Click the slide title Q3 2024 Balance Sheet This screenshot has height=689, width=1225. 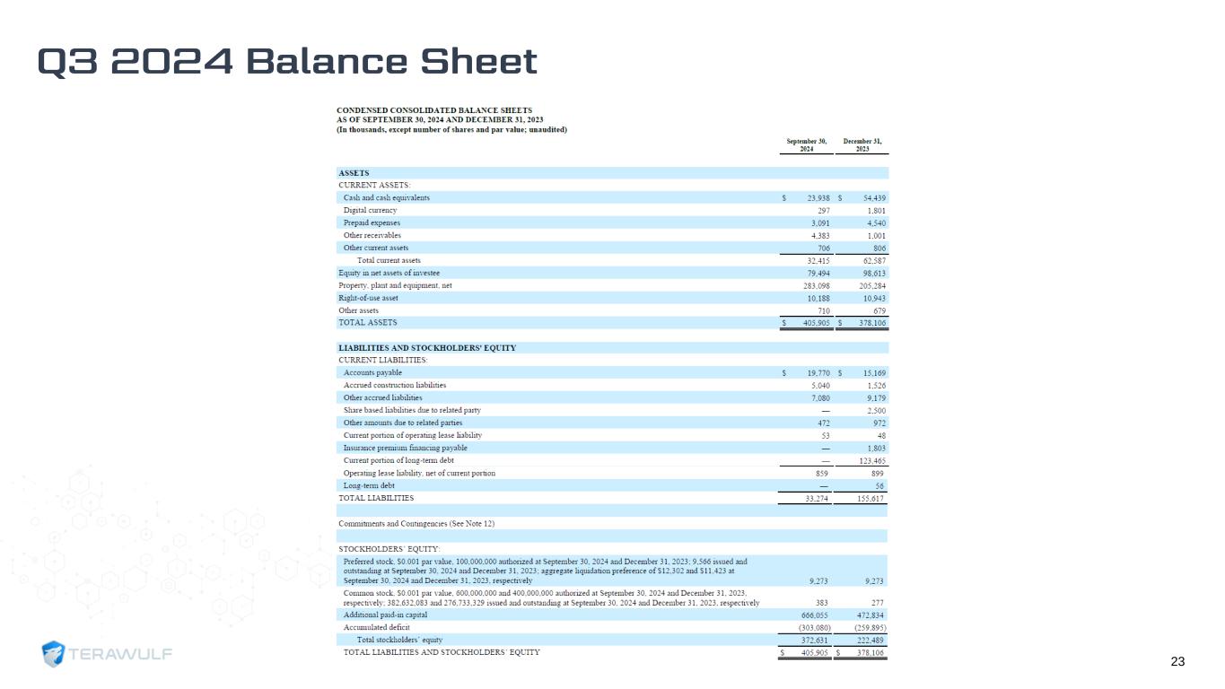[x=287, y=62]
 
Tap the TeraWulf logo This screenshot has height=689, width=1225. [x=108, y=654]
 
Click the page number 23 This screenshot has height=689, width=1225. [x=1177, y=662]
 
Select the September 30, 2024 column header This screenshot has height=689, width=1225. [x=806, y=144]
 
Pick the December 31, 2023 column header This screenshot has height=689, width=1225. [x=862, y=144]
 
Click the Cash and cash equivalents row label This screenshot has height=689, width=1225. [x=386, y=197]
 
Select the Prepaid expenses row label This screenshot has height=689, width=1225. [x=372, y=222]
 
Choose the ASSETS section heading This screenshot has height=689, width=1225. [x=354, y=173]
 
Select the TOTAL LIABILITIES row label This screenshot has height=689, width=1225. [x=376, y=497]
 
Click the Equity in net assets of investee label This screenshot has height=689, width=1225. [x=389, y=273]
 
